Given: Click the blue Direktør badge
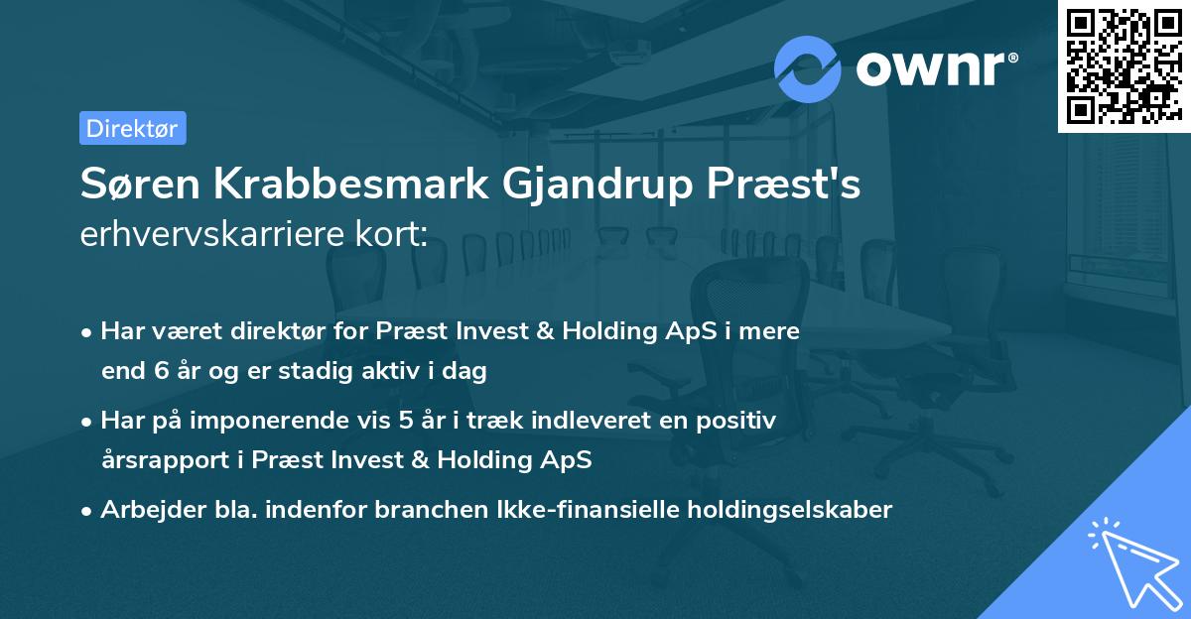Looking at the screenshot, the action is (133, 128).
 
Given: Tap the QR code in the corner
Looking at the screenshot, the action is (1124, 66).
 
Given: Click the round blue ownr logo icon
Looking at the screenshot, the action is (807, 69).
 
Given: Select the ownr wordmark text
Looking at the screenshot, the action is (936, 68).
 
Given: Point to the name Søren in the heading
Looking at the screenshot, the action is (140, 184).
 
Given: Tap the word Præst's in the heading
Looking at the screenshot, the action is (783, 184).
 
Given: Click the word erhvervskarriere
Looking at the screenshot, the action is (212, 234).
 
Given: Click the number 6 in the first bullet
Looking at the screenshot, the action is (162, 371).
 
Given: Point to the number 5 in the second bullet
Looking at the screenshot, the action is (406, 421).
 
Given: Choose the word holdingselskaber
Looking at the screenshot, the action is (790, 511).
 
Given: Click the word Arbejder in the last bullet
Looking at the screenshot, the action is (153, 511).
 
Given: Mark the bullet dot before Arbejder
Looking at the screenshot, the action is (86, 512).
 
